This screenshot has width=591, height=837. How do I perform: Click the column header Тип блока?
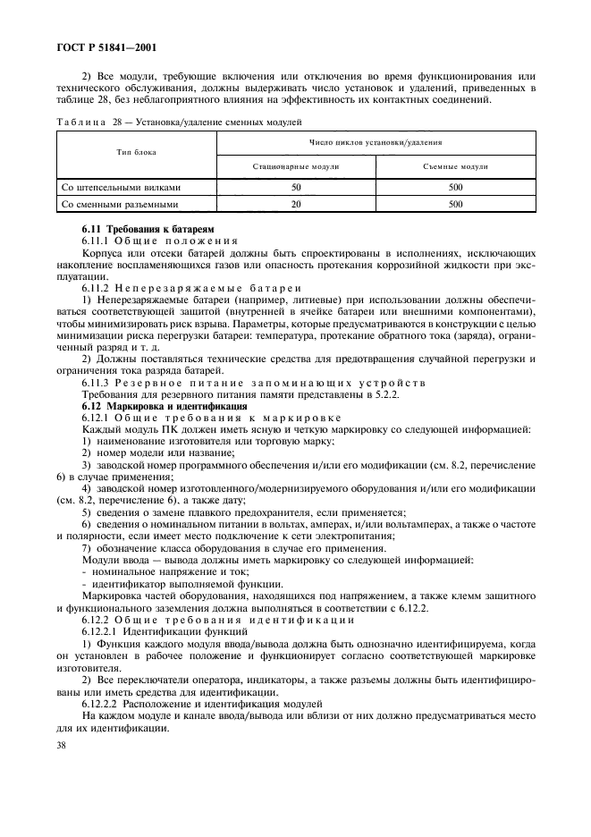pos(136,152)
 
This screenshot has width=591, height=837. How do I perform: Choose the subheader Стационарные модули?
pos(296,166)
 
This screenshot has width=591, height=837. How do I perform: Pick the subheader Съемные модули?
pos(456,166)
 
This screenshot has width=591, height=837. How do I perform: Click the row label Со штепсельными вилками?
pos(121,188)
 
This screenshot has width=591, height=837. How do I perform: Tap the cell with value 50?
pos(296,188)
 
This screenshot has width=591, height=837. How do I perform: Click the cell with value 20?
pos(296,204)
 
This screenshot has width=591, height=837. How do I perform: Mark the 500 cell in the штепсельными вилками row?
pos(456,188)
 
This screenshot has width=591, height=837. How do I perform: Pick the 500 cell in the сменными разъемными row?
pos(456,204)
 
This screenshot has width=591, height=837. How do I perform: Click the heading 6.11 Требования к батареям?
pos(148,231)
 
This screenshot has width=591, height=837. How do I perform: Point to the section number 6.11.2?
pos(97,289)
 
